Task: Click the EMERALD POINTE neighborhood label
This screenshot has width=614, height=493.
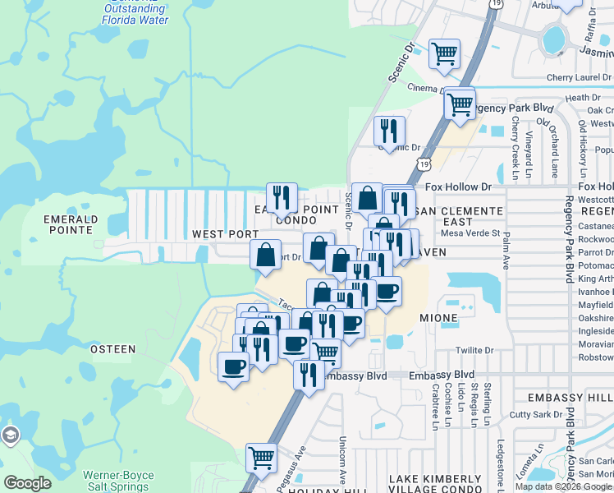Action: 71,224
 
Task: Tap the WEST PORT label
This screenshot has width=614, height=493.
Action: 226,234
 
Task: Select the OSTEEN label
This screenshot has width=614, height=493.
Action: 112,349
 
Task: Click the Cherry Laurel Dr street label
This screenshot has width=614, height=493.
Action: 580,79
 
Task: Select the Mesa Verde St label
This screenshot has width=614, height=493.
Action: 470,233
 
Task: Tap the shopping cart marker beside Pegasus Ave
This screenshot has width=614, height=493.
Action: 262,456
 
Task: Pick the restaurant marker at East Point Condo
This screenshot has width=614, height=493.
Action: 282,196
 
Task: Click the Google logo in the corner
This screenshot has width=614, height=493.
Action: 27,483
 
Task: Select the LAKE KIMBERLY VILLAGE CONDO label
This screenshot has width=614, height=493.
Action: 434,483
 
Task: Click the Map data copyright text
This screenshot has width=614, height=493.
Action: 563,486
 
